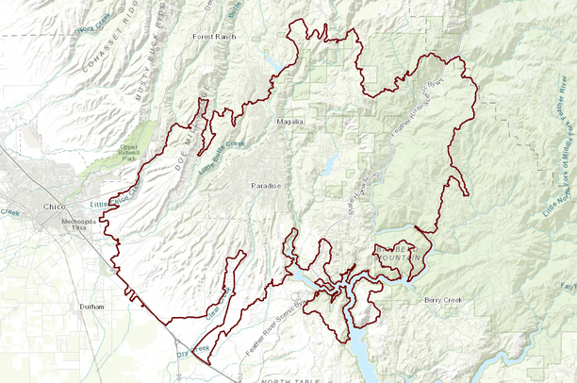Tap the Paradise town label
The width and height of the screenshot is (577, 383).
point(266,186)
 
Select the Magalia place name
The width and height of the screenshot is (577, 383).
point(289,122)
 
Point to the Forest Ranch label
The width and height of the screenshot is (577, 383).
point(213,37)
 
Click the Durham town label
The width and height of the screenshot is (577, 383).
point(92,307)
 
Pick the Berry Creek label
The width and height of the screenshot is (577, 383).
point(444,299)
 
